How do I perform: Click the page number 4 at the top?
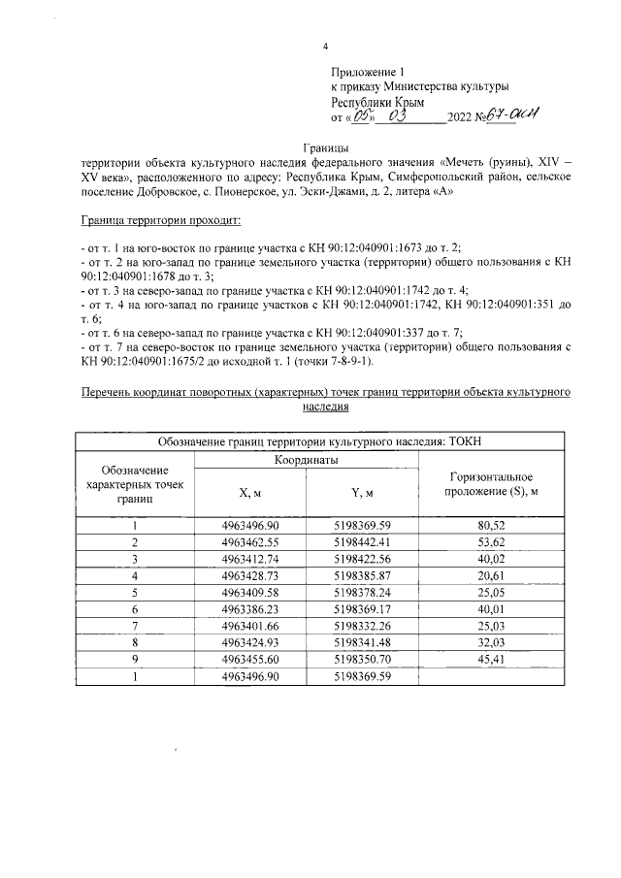pos(326,48)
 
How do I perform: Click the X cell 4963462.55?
pos(250,541)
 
